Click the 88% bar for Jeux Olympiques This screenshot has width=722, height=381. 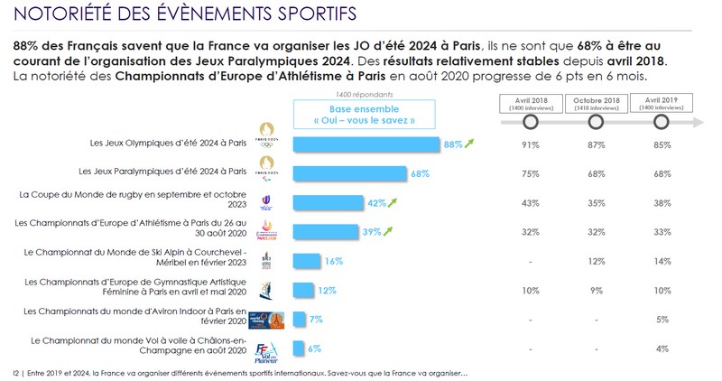click(x=366, y=144)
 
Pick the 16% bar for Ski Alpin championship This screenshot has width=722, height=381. click(x=307, y=260)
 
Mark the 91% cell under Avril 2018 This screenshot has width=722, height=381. click(x=530, y=144)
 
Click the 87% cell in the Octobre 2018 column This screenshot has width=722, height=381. click(x=596, y=144)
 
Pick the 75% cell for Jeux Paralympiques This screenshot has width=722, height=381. click(x=530, y=172)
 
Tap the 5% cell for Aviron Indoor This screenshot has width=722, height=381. click(x=662, y=319)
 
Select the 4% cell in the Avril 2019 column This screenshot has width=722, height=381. click(x=662, y=348)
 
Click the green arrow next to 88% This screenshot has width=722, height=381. click(x=470, y=143)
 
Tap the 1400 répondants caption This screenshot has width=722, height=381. click(x=355, y=94)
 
